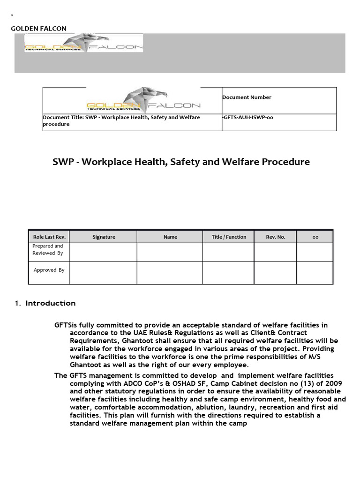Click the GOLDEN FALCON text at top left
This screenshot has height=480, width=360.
click(x=38, y=29)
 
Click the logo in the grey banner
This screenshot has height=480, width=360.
click(x=83, y=43)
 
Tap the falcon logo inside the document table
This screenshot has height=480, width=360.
click(x=143, y=99)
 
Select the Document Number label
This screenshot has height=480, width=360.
click(x=247, y=97)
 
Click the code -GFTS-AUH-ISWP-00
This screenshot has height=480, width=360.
click(x=247, y=118)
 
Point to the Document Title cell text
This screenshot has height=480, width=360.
click(x=121, y=120)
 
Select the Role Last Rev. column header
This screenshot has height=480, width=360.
click(x=49, y=237)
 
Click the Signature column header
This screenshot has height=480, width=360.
click(x=104, y=237)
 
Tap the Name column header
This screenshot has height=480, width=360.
click(x=170, y=237)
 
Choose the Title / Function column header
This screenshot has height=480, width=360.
click(x=229, y=237)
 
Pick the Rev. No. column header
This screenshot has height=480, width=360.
click(x=276, y=237)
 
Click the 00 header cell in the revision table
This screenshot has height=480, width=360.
click(x=315, y=237)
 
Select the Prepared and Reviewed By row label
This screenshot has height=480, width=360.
click(x=48, y=249)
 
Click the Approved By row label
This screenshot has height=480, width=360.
click(x=49, y=270)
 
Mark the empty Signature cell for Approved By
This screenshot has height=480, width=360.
click(x=103, y=273)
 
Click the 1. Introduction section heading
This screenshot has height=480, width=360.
click(x=45, y=303)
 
